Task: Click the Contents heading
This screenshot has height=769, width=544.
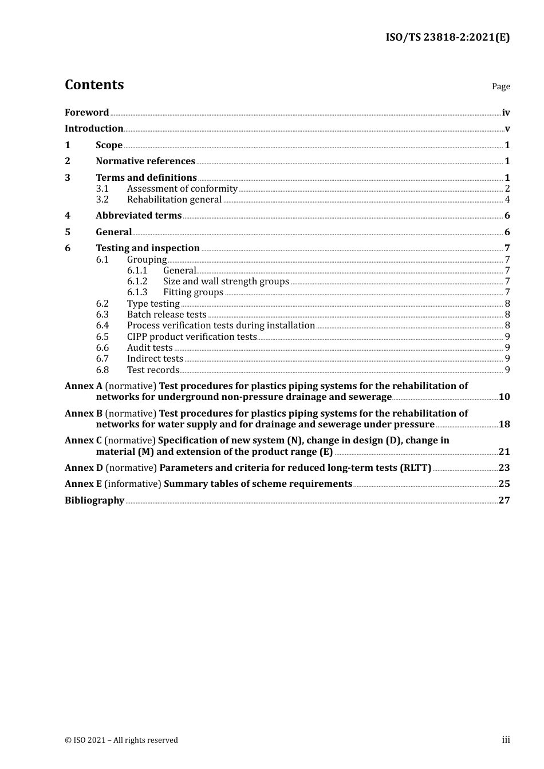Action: click(x=94, y=85)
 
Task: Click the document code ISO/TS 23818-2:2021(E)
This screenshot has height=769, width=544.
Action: click(x=447, y=38)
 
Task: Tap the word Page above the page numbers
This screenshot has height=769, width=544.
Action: click(x=500, y=86)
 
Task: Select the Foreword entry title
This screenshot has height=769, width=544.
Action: click(x=86, y=113)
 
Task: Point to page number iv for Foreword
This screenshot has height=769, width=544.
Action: click(x=506, y=113)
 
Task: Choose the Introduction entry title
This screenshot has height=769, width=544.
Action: click(x=94, y=129)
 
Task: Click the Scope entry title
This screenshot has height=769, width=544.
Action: click(x=109, y=145)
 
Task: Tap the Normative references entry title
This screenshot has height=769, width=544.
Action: click(x=145, y=161)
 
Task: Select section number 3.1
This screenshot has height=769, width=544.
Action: click(x=102, y=189)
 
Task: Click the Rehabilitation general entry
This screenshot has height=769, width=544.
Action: click(x=174, y=200)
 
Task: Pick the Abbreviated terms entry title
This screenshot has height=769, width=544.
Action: click(x=139, y=216)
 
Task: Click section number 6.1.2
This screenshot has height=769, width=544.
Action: click(x=137, y=282)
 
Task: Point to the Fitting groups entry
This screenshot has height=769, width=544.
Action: click(x=193, y=292)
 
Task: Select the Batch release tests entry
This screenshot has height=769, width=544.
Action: click(x=167, y=315)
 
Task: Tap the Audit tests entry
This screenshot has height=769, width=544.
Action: click(x=149, y=348)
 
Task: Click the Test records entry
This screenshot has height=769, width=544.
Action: click(x=153, y=370)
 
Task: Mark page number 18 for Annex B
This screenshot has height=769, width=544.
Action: click(x=504, y=425)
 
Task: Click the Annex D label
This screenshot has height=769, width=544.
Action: click(x=84, y=468)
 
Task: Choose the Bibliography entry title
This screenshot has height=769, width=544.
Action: click(x=94, y=501)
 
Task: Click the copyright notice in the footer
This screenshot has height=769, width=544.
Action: click(x=121, y=740)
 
